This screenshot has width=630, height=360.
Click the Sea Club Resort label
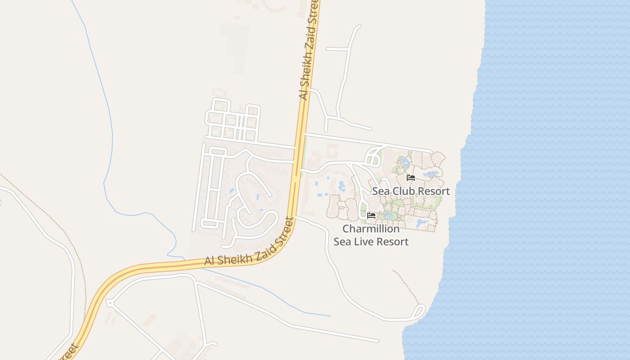411,191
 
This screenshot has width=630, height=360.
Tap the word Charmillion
371,229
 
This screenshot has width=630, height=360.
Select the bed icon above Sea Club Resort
411,178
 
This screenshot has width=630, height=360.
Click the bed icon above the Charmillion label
371,216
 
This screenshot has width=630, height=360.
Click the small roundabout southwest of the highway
109,303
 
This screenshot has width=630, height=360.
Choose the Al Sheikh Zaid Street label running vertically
309,49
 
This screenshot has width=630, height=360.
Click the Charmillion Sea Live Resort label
371,235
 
